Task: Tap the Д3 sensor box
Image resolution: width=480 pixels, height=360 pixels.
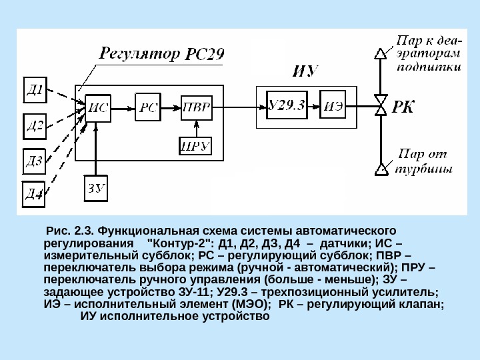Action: (x=35, y=161)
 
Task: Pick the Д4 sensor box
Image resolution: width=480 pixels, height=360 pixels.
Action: (x=35, y=193)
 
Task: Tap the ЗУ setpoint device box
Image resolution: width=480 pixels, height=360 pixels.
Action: (x=97, y=187)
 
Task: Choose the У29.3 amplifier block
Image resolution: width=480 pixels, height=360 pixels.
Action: (x=287, y=105)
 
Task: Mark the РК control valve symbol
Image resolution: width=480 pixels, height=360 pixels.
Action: (x=382, y=105)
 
